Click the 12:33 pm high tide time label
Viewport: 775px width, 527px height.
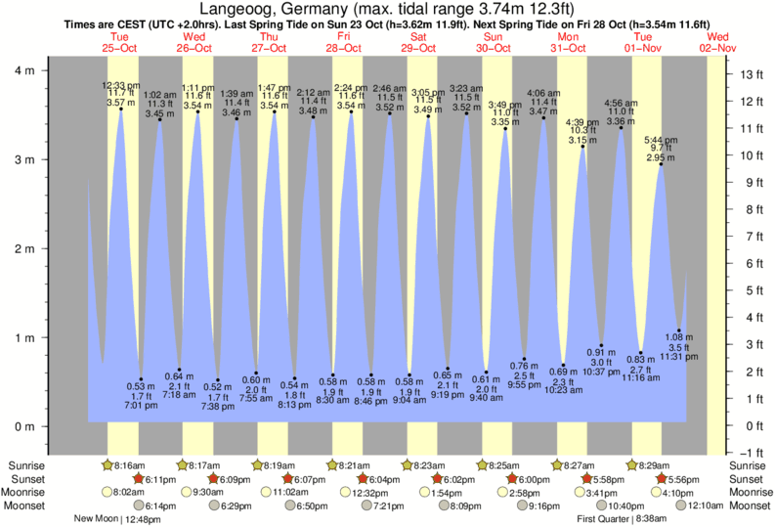[x=121, y=86]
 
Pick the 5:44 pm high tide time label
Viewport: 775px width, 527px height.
[x=661, y=140]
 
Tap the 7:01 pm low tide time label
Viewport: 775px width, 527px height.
[x=142, y=405]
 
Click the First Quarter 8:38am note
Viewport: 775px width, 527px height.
[x=619, y=519]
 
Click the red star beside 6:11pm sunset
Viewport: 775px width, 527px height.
[x=138, y=479]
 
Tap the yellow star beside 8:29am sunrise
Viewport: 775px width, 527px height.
[x=632, y=465]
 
